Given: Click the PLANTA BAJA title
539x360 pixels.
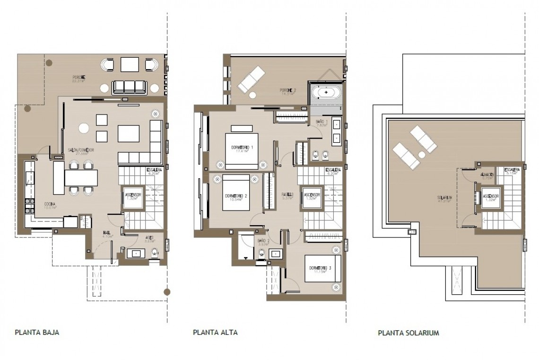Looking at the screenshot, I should [37, 333].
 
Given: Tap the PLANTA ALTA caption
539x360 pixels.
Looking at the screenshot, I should [215, 333].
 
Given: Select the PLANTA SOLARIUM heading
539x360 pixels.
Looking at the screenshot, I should [409, 333].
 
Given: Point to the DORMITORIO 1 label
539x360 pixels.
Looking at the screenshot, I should [242, 147].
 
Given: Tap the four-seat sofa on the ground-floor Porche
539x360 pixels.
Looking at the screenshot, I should [129, 86].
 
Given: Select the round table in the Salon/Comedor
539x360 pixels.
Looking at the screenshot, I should [84, 128].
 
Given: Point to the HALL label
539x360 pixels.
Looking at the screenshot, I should [106, 233].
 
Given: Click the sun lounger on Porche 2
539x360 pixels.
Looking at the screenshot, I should [252, 79].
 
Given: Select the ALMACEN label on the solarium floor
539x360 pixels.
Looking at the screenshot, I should [488, 175].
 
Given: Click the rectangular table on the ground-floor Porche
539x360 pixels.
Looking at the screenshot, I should [129, 64].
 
